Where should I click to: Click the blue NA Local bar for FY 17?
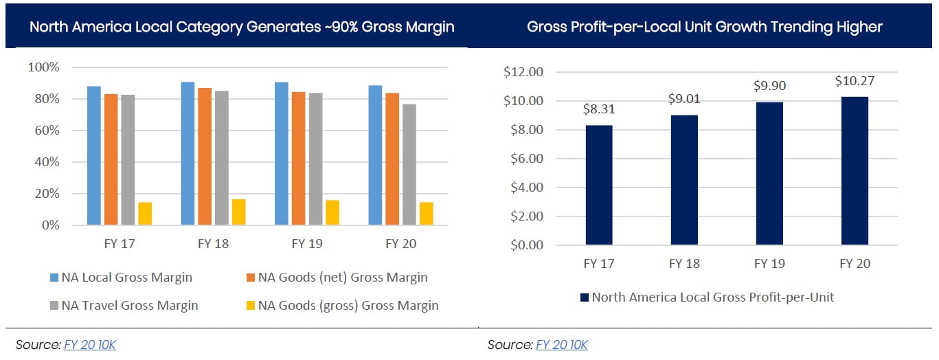[94, 156]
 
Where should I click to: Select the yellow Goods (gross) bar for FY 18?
[238, 212]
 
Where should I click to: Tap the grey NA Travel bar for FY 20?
[409, 164]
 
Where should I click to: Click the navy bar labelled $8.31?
[599, 185]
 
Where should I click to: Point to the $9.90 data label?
[769, 86]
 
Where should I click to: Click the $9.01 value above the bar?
[684, 99]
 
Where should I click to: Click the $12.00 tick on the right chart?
[523, 72]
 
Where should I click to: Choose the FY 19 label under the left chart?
[306, 244]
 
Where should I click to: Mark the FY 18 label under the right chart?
[684, 264]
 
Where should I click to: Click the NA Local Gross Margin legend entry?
[126, 278]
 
